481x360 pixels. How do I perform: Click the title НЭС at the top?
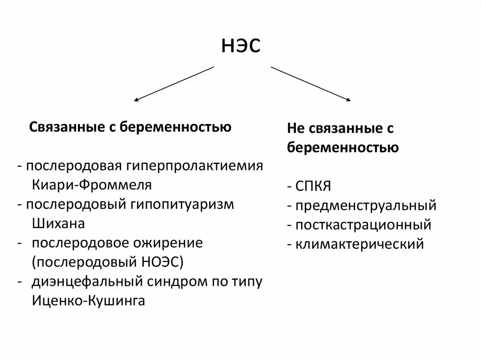click(240, 46)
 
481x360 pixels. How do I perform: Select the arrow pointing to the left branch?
click(174, 84)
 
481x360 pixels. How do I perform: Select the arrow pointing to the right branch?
click(310, 84)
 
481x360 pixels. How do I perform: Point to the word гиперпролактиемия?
click(194, 167)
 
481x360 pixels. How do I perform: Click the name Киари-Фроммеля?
click(92, 185)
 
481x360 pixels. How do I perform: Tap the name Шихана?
click(59, 223)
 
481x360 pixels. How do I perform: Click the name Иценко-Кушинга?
click(89, 301)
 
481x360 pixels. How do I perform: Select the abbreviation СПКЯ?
click(313, 186)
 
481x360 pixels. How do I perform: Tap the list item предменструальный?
click(366, 206)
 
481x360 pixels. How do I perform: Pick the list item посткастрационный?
click(363, 225)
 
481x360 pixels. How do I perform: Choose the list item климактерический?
click(359, 244)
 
